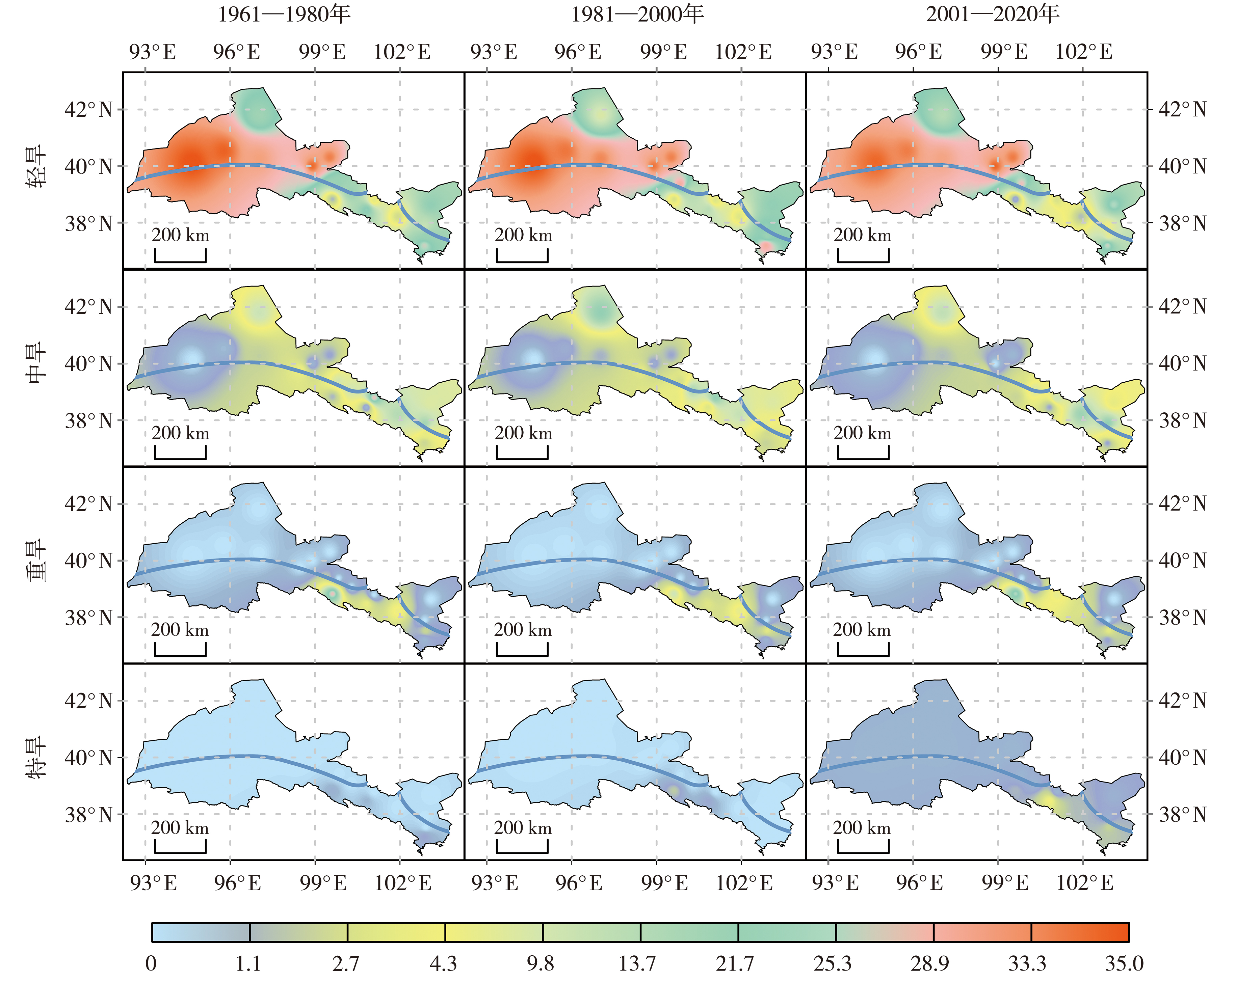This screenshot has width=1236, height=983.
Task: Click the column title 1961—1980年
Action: click(x=284, y=14)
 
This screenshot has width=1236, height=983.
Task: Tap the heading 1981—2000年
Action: click(x=637, y=14)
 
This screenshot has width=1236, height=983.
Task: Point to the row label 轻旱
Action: click(x=37, y=166)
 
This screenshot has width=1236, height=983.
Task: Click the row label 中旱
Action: click(x=37, y=363)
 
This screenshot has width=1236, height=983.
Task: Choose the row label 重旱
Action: click(x=37, y=561)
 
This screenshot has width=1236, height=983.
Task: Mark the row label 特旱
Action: click(x=37, y=757)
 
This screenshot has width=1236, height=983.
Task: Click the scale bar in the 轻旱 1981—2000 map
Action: click(x=522, y=256)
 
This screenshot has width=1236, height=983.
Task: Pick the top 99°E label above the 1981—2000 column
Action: click(x=663, y=52)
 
